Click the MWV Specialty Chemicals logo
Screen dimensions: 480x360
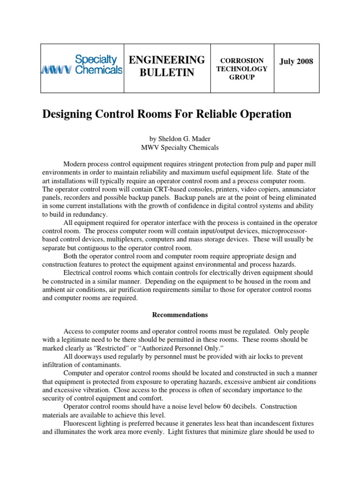pyautogui.click(x=82, y=65)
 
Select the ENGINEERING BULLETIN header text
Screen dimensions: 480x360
pyautogui.click(x=167, y=66)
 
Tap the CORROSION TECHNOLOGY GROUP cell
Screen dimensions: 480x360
pyautogui.click(x=242, y=69)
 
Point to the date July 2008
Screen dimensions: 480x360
pyautogui.click(x=296, y=61)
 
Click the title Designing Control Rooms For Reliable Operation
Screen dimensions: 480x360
pyautogui.click(x=167, y=114)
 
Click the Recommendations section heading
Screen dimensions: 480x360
pyautogui.click(x=180, y=315)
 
